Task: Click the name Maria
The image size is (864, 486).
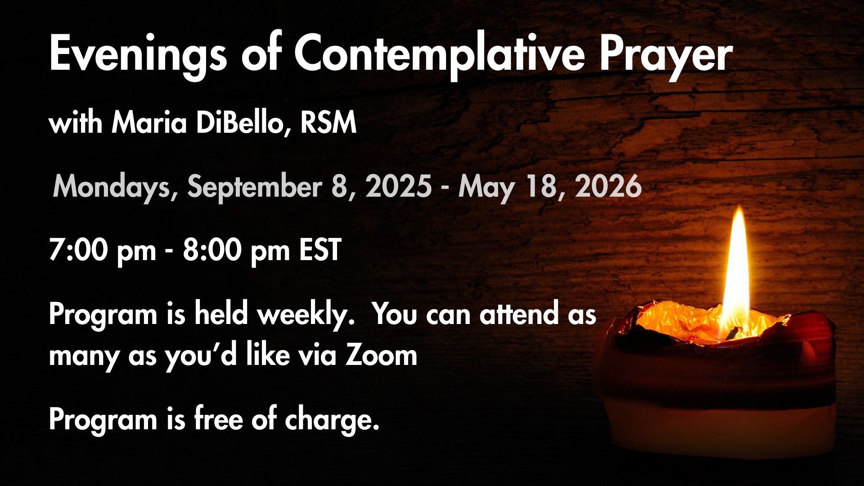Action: tap(149, 122)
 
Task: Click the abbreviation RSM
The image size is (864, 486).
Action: tap(328, 122)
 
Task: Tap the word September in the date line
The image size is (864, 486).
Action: tap(255, 187)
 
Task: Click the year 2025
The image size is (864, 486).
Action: tap(399, 186)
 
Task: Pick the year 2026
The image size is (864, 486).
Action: tap(608, 186)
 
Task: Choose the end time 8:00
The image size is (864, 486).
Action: tap(212, 250)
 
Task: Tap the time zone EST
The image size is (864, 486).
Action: tap(320, 250)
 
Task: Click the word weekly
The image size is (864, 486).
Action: tap(306, 314)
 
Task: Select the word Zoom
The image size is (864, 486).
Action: tap(382, 355)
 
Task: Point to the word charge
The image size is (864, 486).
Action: tap(332, 420)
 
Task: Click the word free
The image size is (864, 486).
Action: tap(219, 418)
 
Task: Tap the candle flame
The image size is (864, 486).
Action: tap(737, 270)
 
